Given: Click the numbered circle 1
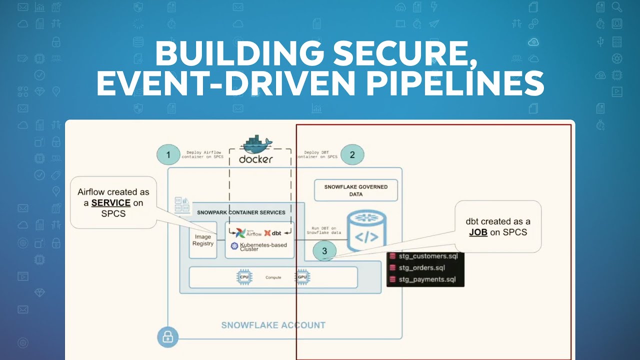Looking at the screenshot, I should (168, 154).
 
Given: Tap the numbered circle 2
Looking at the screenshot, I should (352, 154).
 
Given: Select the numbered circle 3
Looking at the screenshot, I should (324, 251).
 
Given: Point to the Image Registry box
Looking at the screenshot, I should (203, 240).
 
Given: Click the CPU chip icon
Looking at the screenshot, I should (244, 277).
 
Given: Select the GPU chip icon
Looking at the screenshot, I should (301, 277).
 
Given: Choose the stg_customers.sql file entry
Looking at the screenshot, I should (428, 256).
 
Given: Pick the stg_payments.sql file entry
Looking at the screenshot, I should (427, 279).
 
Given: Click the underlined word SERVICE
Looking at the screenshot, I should (111, 203).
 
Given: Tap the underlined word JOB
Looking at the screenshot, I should (478, 232).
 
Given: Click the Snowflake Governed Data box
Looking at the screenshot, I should (355, 190).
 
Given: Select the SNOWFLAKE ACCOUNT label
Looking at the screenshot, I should (273, 325).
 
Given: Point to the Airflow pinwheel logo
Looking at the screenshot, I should (240, 233).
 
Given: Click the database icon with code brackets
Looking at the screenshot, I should (366, 232).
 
